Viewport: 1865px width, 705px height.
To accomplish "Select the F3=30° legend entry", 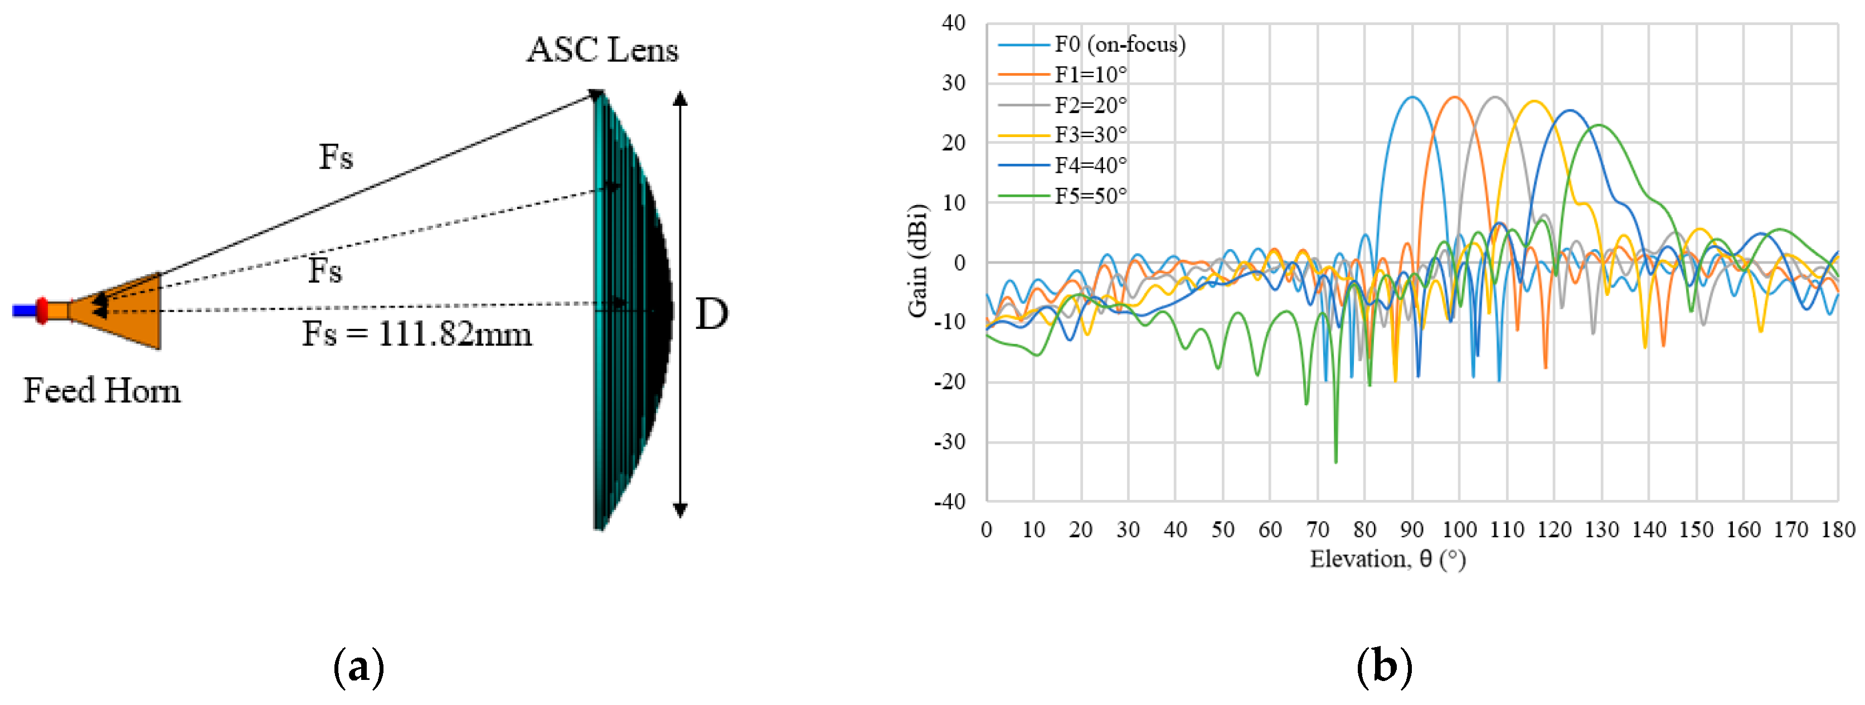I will [1090, 135].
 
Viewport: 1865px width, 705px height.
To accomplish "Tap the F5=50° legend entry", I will [1090, 196].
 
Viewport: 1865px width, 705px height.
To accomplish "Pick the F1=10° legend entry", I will [1090, 75].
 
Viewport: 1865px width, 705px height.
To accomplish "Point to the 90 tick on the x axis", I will [1412, 530].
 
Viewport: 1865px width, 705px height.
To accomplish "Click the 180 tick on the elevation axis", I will [1838, 530].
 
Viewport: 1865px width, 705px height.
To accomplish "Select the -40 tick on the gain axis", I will [953, 501].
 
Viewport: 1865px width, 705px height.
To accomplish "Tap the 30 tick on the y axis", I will [954, 83].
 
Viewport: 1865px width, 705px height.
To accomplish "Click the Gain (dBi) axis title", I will [917, 261].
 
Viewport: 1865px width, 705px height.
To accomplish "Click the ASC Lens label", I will [603, 51].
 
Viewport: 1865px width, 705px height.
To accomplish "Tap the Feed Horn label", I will [102, 391].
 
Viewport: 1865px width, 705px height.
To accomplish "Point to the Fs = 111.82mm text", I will [417, 334].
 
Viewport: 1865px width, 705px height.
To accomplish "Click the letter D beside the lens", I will [711, 314].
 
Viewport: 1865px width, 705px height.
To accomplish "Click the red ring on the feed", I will [42, 310].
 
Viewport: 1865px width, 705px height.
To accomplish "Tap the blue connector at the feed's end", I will [24, 310].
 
